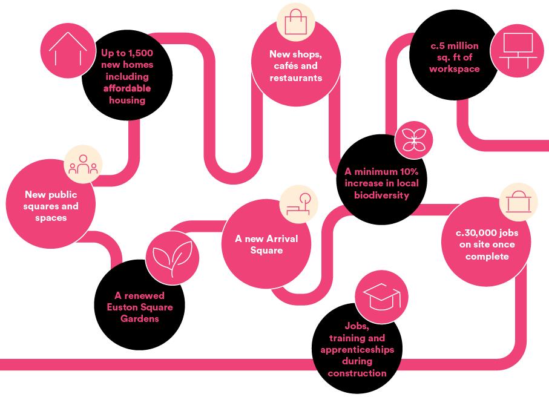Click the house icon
pos(68,50)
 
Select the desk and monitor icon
pos(518,51)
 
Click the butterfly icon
pos(414,140)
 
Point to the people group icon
pos(83,165)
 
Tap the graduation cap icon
pos(382,297)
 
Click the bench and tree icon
pos(298,204)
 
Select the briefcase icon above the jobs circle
pos(519,202)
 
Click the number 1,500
pos(140,53)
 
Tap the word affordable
pos(127,88)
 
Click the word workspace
pos(455,70)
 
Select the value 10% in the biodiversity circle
pos(409,171)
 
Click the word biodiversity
pos(382,195)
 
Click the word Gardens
pos(140,319)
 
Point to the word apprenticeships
pos(357,350)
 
